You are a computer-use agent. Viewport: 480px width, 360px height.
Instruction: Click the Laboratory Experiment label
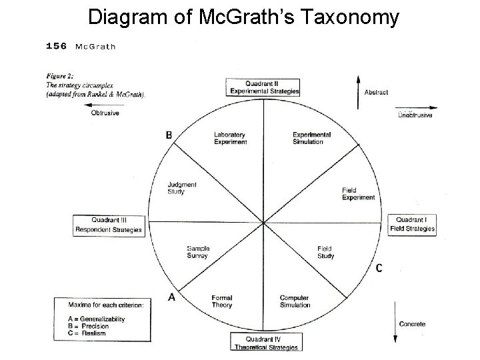pos(230,138)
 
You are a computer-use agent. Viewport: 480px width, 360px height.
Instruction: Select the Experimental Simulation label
pos(311,138)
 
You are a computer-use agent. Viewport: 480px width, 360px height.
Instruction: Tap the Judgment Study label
pos(181,189)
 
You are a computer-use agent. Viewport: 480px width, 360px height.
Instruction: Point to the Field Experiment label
pos(358,193)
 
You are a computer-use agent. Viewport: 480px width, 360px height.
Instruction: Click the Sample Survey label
pos(197,252)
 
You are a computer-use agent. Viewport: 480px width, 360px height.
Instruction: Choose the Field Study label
pos(325,252)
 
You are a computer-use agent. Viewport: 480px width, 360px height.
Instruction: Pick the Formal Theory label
pos(221,301)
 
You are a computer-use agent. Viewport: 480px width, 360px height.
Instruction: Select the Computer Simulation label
pos(295,301)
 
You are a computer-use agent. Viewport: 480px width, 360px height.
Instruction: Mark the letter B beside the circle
pos(169,135)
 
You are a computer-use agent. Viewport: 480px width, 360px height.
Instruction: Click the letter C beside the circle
pos(379,268)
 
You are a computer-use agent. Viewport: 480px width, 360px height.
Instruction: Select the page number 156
pos(56,46)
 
